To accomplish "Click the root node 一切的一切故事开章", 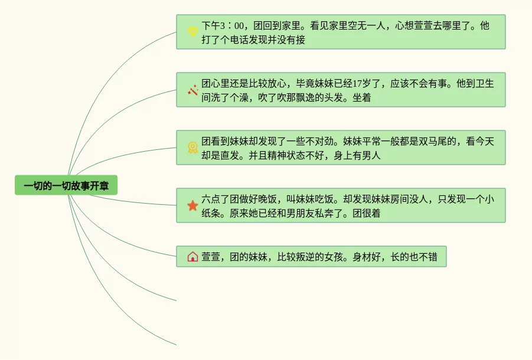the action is (x=66, y=186).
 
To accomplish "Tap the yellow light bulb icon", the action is (x=192, y=32).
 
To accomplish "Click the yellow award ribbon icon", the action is (x=192, y=148).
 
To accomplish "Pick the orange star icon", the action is (x=192, y=205).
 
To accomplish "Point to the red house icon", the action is (x=192, y=257).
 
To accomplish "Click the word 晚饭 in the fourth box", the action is (x=266, y=199).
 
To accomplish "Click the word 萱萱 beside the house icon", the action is (x=211, y=257).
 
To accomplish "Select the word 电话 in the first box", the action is (x=248, y=40).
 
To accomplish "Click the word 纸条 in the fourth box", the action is (x=211, y=214).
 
